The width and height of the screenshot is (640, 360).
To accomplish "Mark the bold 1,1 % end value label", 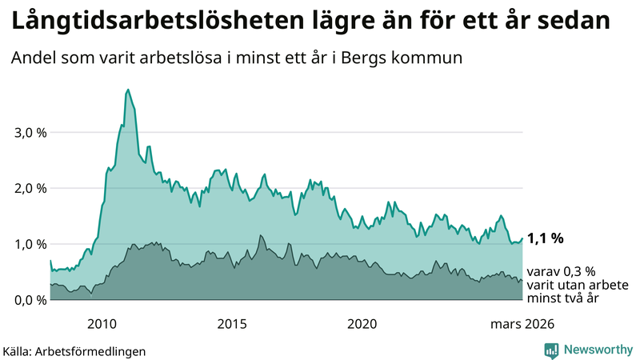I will (546, 238).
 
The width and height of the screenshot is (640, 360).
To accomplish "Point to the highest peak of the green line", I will (128, 90).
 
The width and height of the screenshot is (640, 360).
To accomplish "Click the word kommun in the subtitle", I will (433, 58).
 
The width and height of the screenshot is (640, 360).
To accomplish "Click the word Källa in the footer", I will (20, 350).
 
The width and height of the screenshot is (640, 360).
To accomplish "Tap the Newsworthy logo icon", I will (551, 350).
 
